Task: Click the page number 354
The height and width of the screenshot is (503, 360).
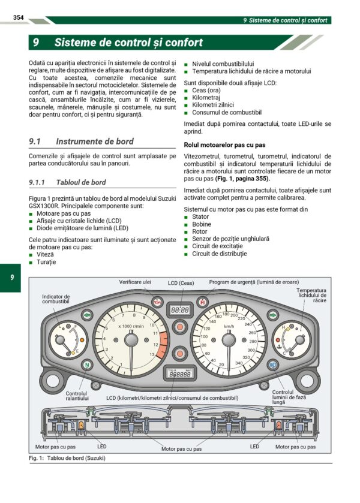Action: pyautogui.click(x=18, y=19)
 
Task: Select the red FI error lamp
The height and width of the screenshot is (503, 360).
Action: pyautogui.click(x=202, y=302)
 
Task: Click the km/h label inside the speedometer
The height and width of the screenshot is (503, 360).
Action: pyautogui.click(x=229, y=326)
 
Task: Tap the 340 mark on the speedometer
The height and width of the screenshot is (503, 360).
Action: pyautogui.click(x=239, y=363)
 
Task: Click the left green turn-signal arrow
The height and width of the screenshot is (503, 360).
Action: pyautogui.click(x=87, y=315)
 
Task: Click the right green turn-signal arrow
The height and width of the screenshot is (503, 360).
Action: pyautogui.click(x=273, y=315)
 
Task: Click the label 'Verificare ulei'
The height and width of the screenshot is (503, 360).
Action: pyautogui.click(x=135, y=282)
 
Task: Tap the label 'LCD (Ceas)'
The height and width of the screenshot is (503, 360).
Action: pyautogui.click(x=181, y=282)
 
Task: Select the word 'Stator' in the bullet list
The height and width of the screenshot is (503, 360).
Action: pyautogui.click(x=200, y=217)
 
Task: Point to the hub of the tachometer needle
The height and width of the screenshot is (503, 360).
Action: pyautogui.click(x=130, y=341)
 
